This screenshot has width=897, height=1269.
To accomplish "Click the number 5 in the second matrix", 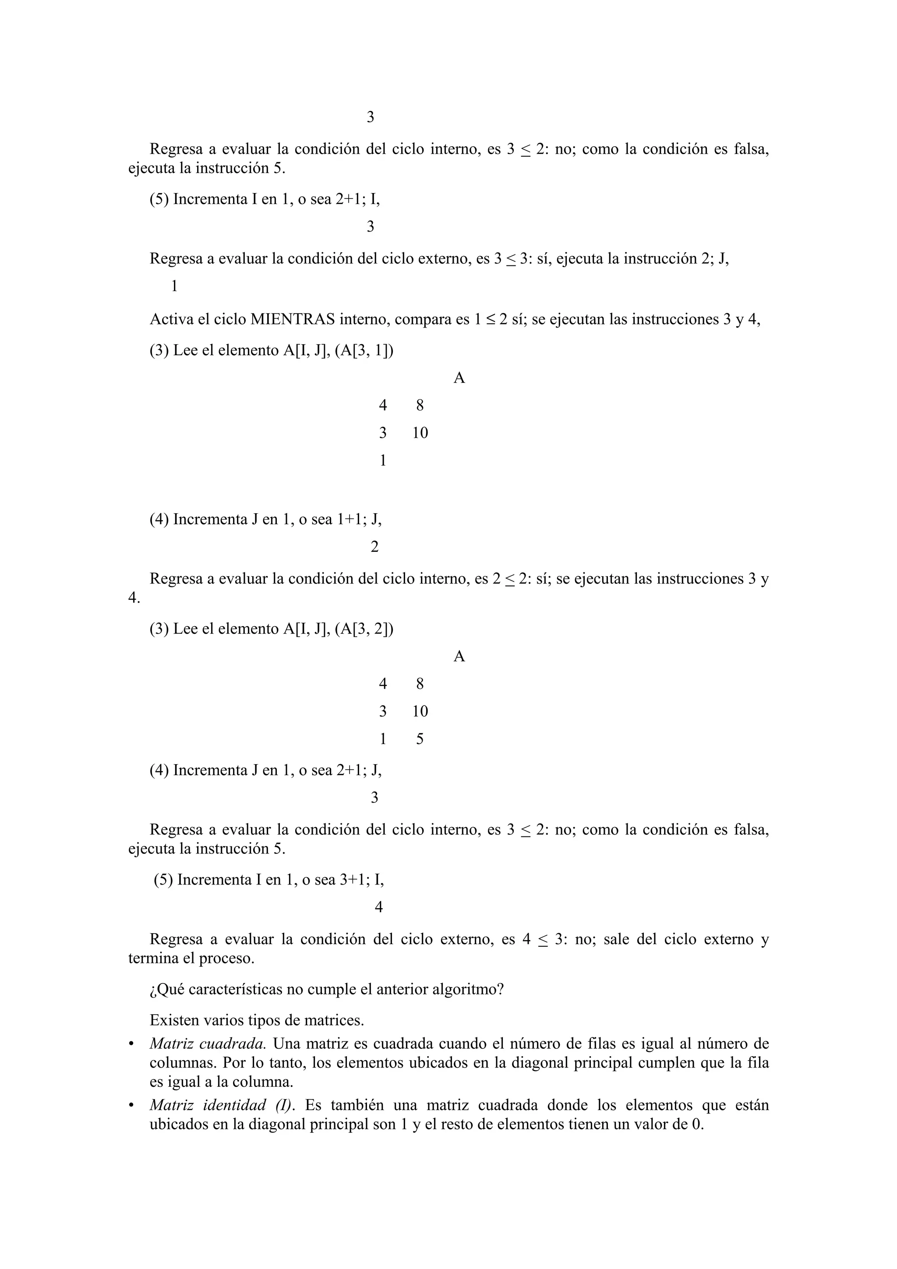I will click(x=420, y=739).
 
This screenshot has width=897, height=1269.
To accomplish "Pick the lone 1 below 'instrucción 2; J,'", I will click(x=175, y=286).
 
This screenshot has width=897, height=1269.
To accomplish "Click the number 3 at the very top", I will click(x=370, y=117).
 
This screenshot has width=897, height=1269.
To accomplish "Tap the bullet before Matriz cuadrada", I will click(x=131, y=1044).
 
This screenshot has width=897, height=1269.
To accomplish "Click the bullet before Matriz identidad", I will click(x=131, y=1105).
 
